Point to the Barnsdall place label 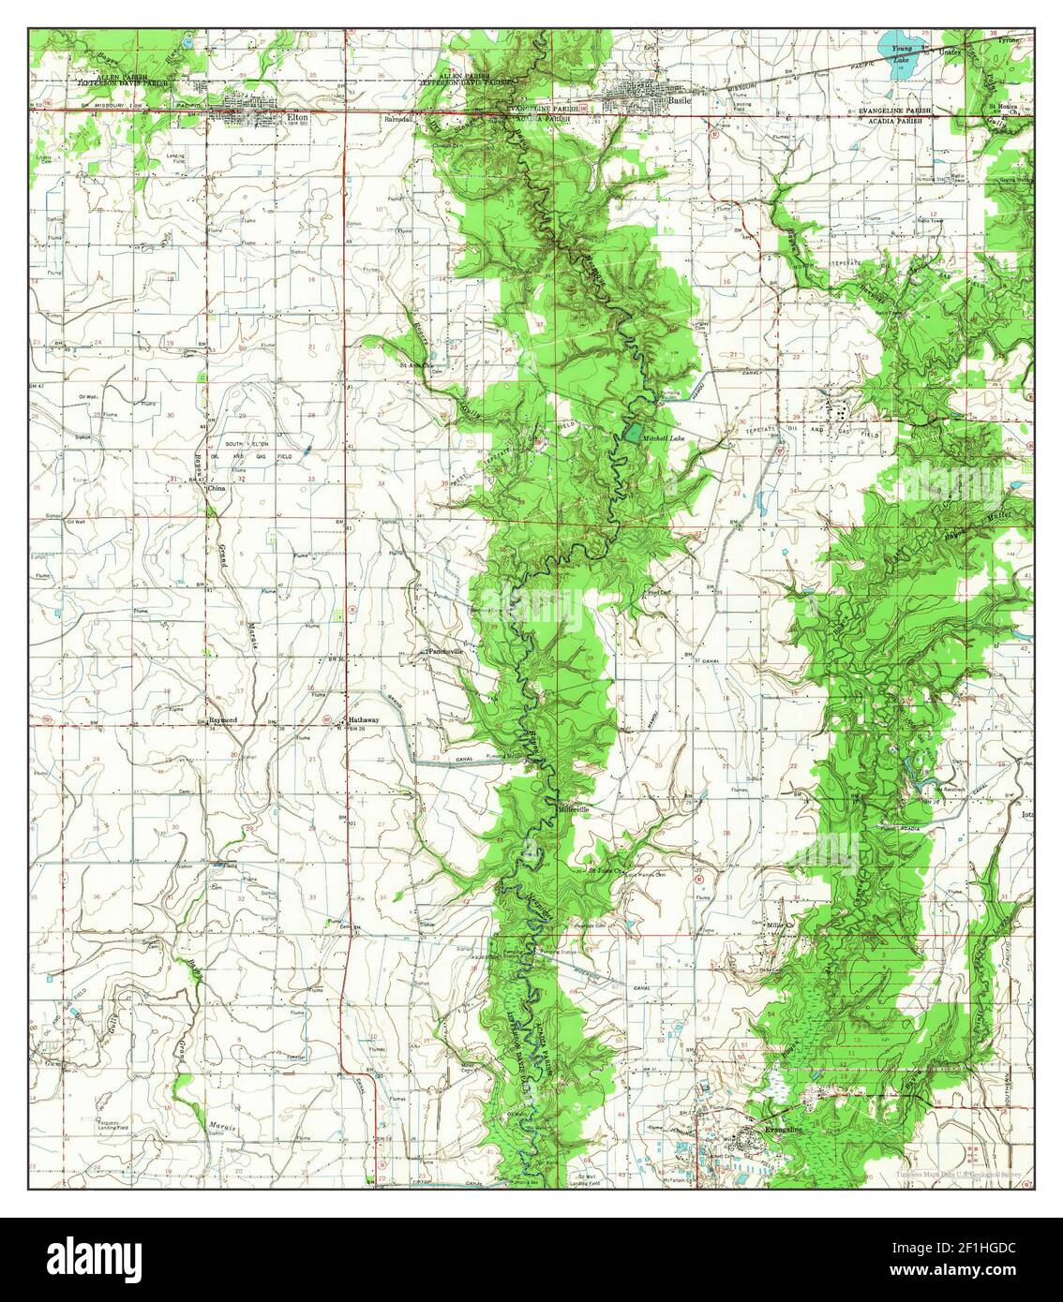click(x=398, y=120)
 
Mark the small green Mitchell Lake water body click(x=634, y=433)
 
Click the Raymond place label click(x=222, y=720)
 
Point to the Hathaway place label click(x=364, y=719)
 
